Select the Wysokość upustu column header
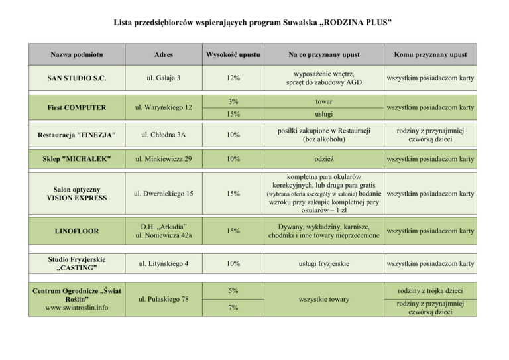[x=233, y=53]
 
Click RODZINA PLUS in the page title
[x=352, y=24]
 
